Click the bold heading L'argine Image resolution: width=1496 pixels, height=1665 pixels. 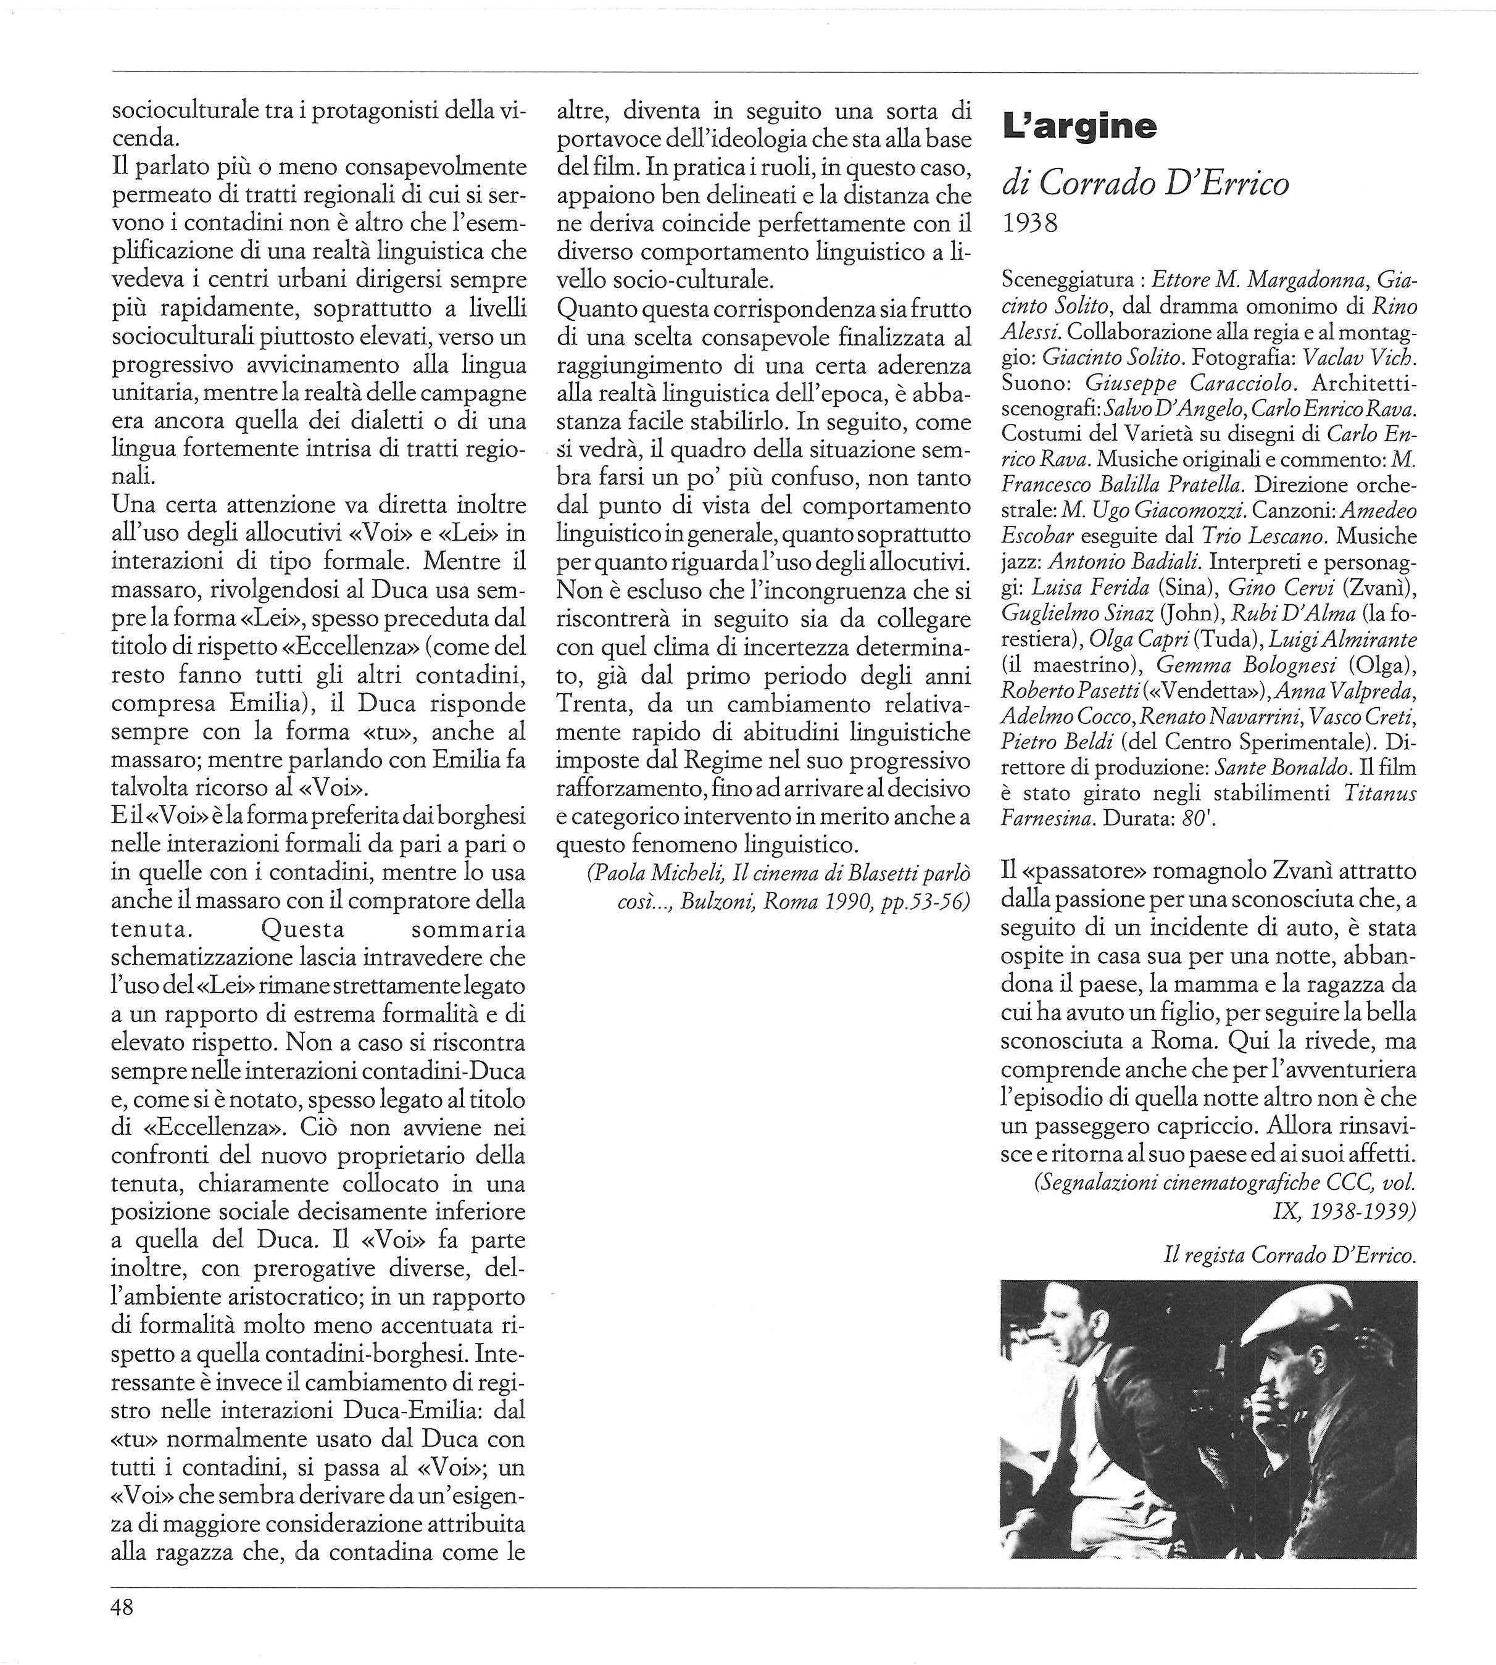pyautogui.click(x=1078, y=126)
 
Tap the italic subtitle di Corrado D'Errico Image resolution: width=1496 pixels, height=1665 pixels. pyautogui.click(x=1145, y=184)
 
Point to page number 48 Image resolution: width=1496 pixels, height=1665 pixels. pyautogui.click(x=122, y=1606)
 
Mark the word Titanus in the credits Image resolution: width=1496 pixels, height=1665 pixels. pyautogui.click(x=1380, y=793)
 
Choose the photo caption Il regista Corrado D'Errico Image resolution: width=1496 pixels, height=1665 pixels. pyautogui.click(x=1290, y=1255)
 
